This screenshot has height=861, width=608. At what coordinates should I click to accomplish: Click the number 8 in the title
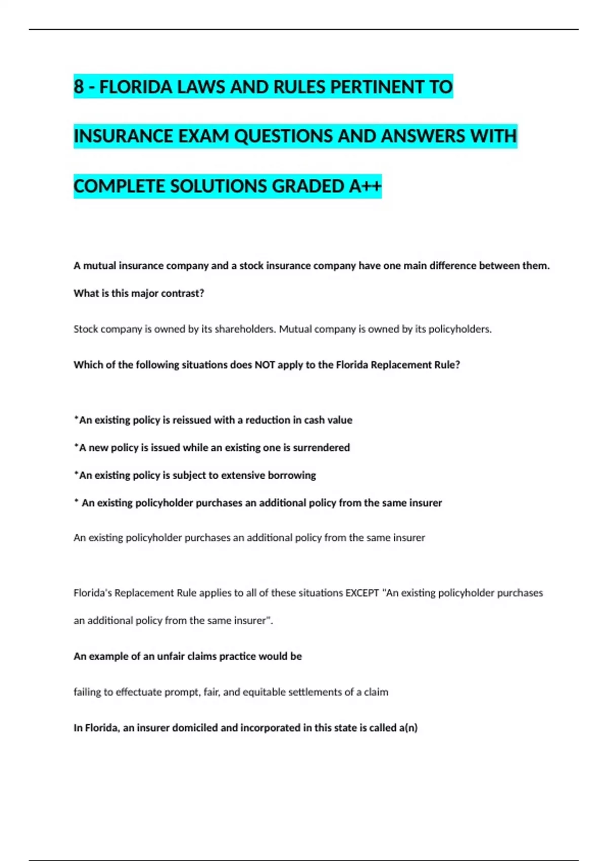tap(79, 87)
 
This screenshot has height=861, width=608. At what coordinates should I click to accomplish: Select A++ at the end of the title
tap(365, 186)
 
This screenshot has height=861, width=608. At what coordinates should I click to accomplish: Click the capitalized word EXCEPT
tap(362, 593)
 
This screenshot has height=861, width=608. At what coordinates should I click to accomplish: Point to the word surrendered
tap(321, 448)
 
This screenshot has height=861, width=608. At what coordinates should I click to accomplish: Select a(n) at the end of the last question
tap(408, 728)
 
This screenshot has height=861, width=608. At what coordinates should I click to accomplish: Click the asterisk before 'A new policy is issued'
tap(76, 446)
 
